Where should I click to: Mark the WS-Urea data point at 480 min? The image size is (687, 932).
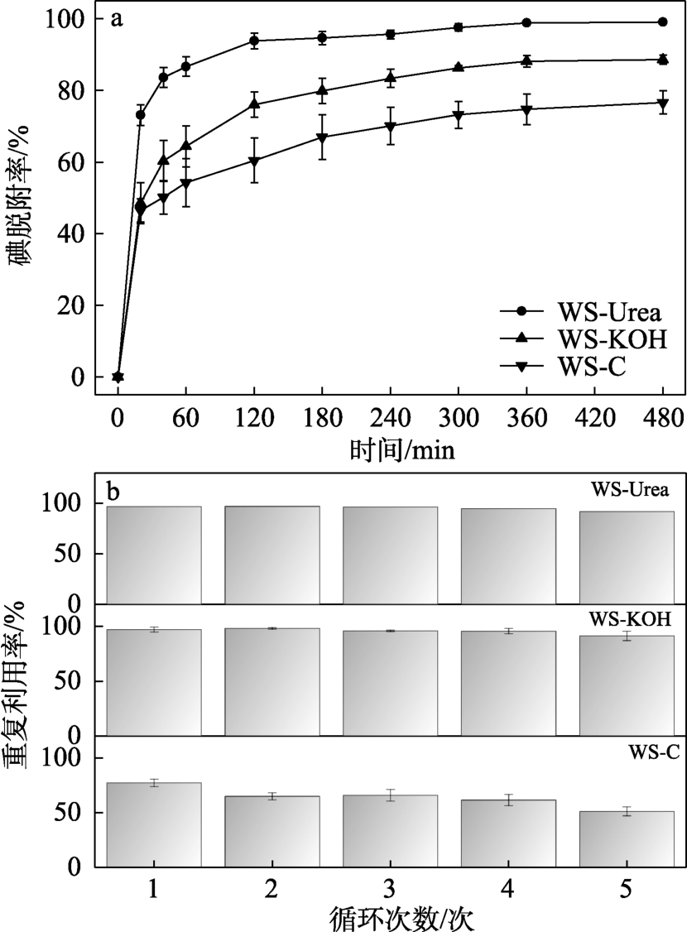pyautogui.click(x=662, y=22)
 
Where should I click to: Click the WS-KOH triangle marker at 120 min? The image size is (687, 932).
pyautogui.click(x=254, y=104)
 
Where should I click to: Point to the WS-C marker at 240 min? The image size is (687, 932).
pyautogui.click(x=390, y=127)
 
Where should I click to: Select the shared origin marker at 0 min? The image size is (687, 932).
pyautogui.click(x=118, y=377)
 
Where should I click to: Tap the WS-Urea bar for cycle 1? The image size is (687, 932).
pyautogui.click(x=154, y=555)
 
